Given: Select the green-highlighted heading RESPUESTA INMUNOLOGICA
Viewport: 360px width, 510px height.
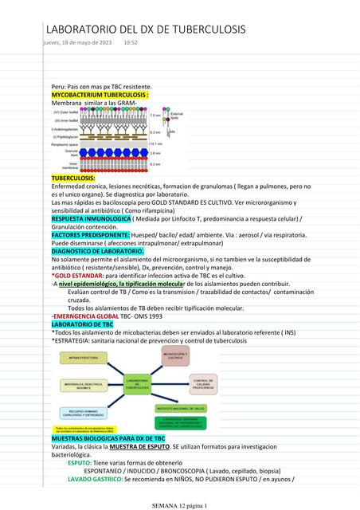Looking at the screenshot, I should (x=91, y=218).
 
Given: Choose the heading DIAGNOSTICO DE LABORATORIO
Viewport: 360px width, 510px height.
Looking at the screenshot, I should (x=98, y=251).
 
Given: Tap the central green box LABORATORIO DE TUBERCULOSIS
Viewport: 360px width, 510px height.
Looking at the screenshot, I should (x=138, y=385).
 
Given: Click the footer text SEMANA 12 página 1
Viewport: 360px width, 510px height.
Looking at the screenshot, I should (x=179, y=505).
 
